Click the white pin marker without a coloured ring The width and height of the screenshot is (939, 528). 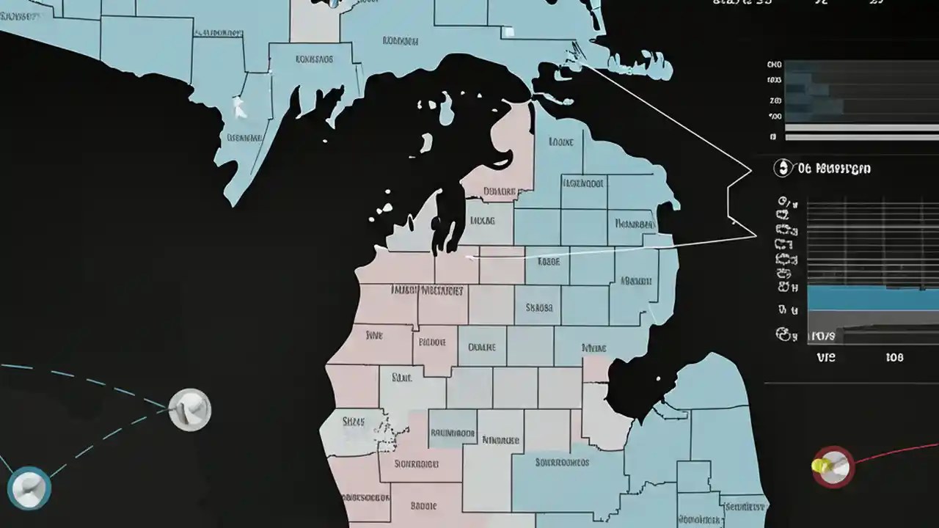coord(189,409)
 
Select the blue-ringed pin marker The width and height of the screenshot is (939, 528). coord(29,488)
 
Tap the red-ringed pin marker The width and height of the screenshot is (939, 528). coord(833,466)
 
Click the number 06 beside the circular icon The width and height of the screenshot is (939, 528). coord(804,169)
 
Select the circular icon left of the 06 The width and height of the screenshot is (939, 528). coord(783,168)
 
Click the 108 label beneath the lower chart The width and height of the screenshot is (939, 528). coord(894,358)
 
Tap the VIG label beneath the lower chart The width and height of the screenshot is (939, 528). coord(825,358)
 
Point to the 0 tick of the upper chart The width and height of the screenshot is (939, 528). coord(773,136)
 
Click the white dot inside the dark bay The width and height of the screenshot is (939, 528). coord(667,378)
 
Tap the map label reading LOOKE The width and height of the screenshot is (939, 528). coord(560,142)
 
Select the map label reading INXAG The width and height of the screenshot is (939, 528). coord(481,219)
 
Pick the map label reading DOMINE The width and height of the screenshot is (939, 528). coord(481,347)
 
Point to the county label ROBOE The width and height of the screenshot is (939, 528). coord(432,341)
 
